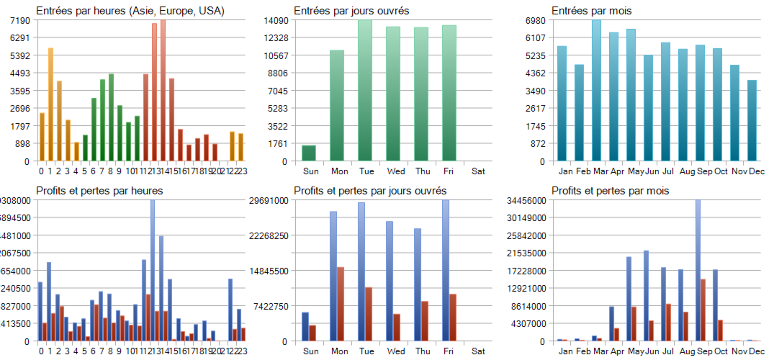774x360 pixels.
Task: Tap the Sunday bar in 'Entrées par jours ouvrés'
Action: click(309, 153)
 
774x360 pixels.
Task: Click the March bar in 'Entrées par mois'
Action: click(596, 90)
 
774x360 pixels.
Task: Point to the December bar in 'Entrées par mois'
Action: click(752, 120)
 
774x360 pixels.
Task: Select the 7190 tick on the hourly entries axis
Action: click(19, 20)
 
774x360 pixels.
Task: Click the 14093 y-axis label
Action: click(276, 20)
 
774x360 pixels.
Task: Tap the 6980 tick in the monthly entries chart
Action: click(534, 20)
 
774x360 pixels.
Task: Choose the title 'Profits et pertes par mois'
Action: click(610, 191)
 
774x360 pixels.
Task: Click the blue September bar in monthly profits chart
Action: click(698, 270)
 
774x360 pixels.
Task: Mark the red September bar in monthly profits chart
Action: click(703, 310)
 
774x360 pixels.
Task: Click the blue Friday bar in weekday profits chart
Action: click(446, 270)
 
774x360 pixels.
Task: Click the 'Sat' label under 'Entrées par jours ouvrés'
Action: click(478, 171)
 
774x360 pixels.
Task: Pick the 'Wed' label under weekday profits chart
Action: click(395, 351)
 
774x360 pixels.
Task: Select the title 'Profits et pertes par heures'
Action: click(99, 191)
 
